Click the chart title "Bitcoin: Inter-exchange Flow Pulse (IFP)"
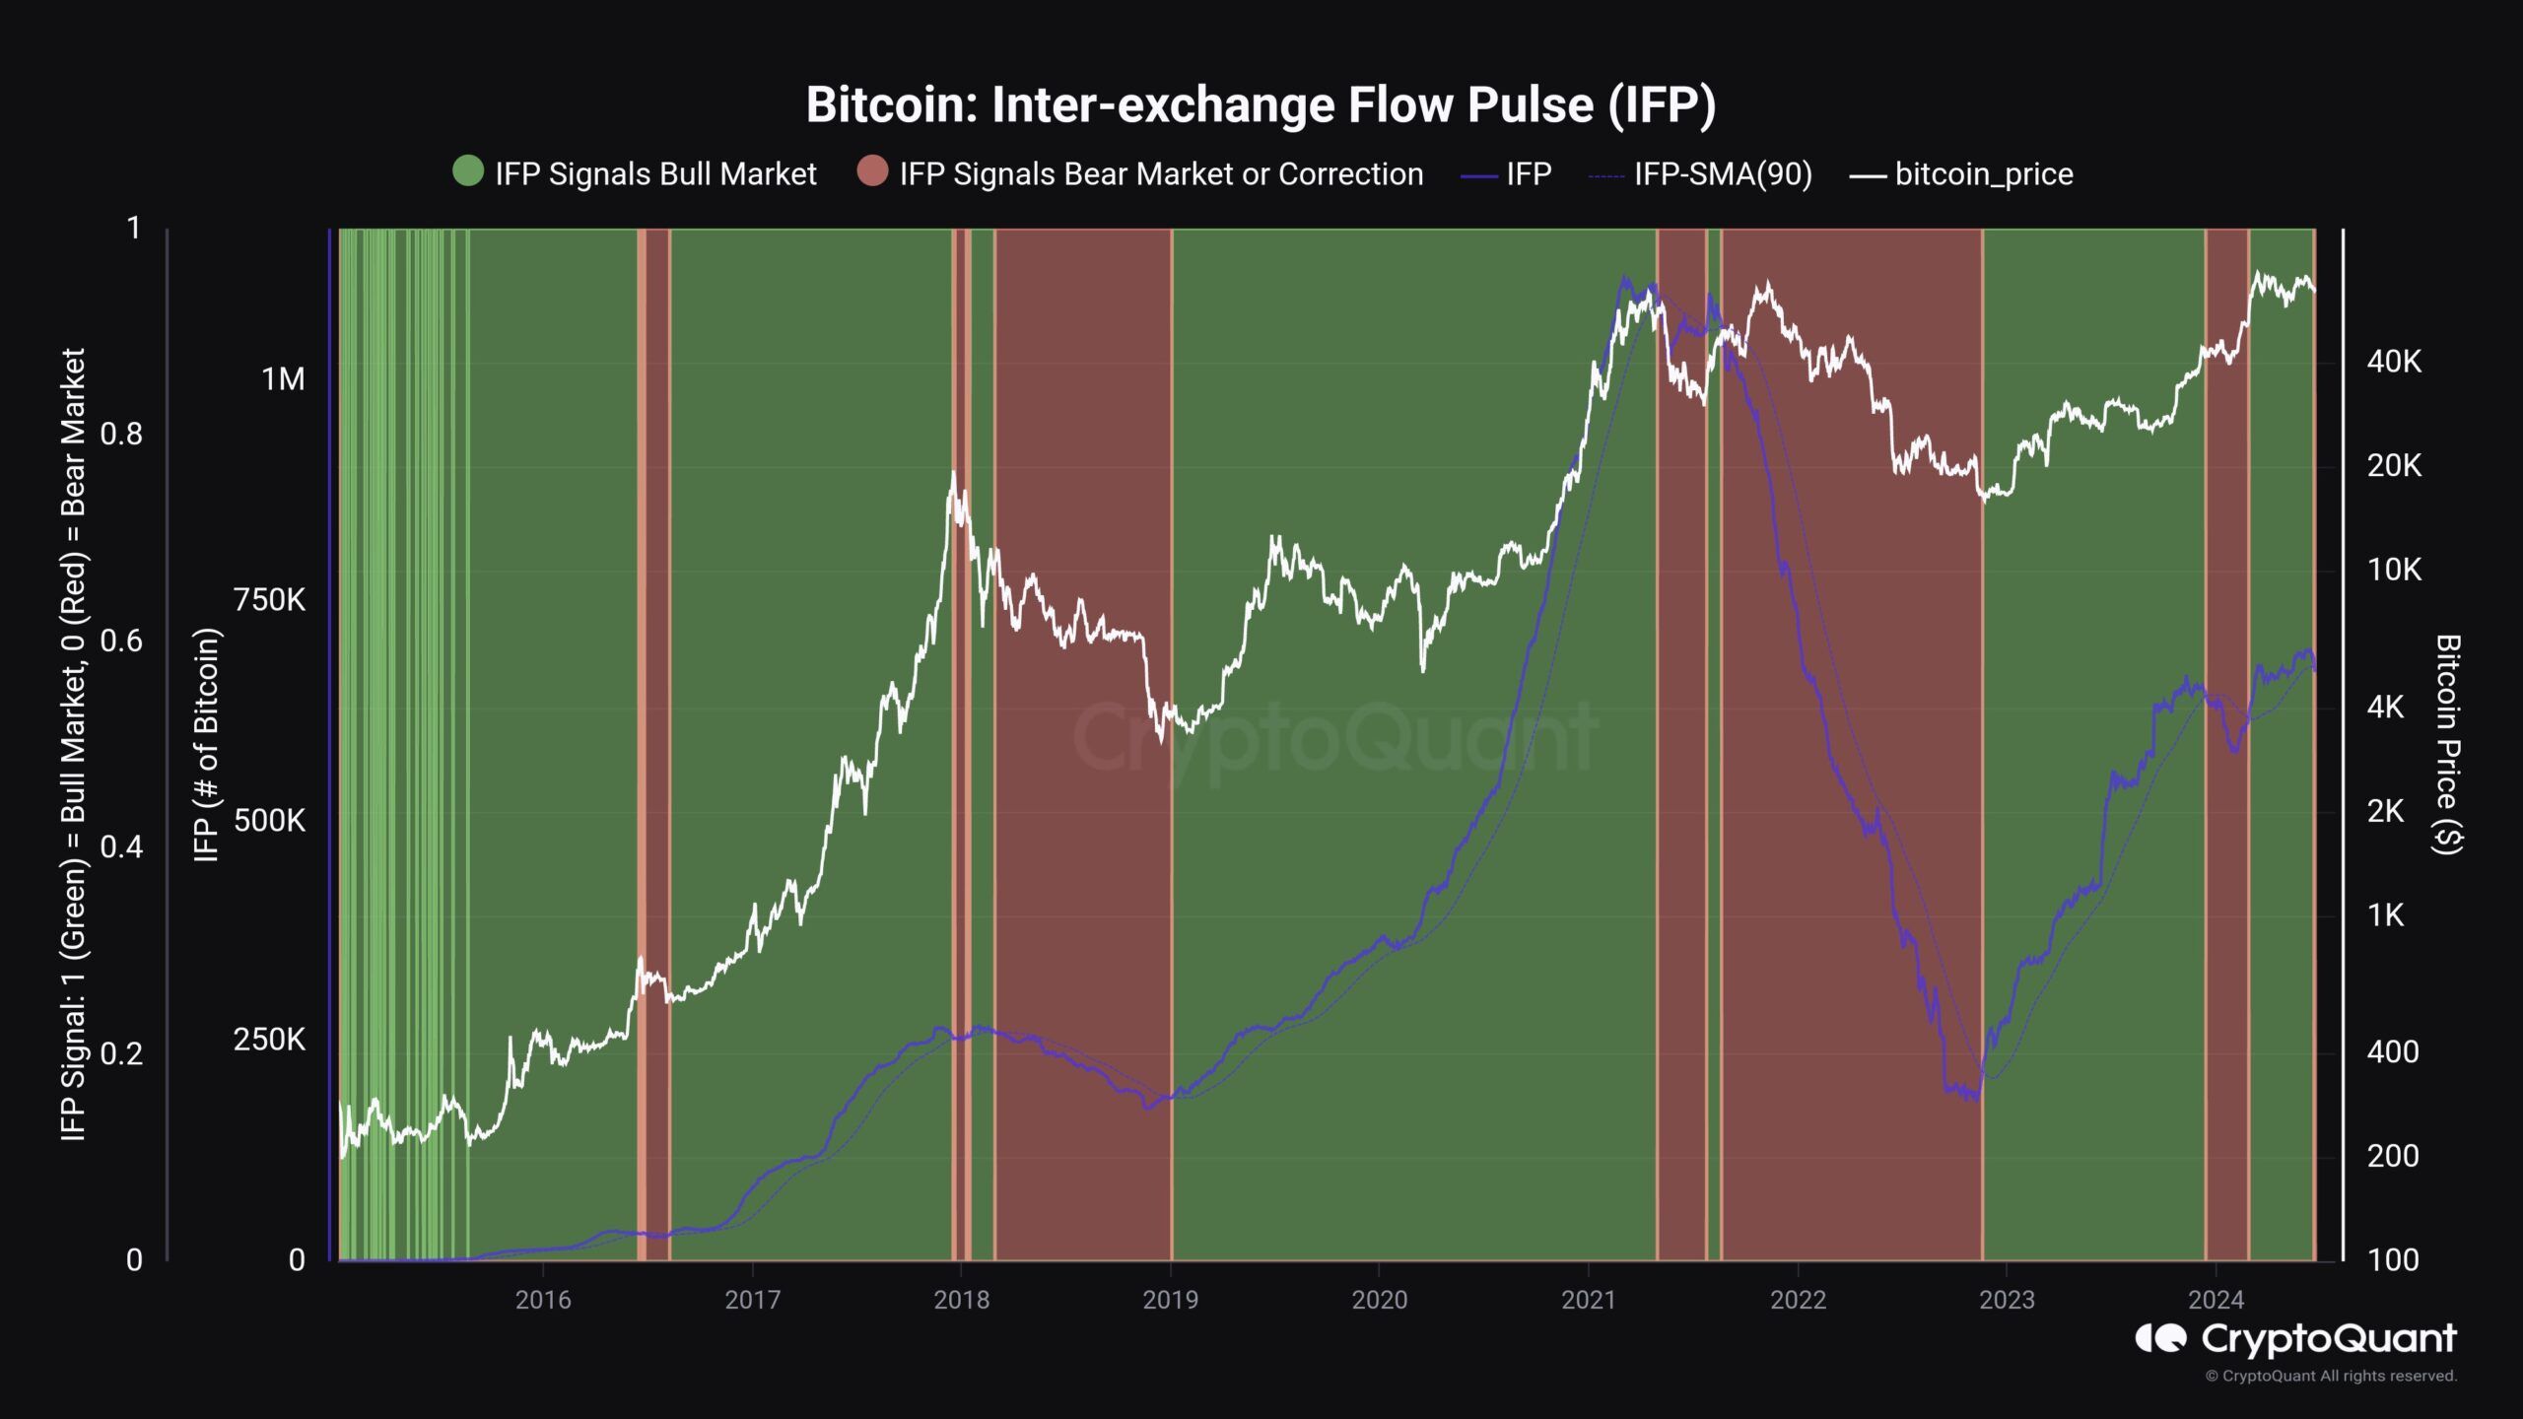click(x=1261, y=105)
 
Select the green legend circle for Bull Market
click(x=468, y=171)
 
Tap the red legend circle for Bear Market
click(x=872, y=171)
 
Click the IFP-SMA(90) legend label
click(x=1723, y=174)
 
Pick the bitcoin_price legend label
click(x=1984, y=174)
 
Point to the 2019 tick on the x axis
click(x=1170, y=1300)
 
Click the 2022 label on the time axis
click(x=1798, y=1300)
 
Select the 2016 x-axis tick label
click(x=543, y=1300)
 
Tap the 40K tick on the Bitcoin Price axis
click(x=2394, y=362)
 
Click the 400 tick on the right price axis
click(x=2392, y=1051)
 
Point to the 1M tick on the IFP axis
click(x=283, y=379)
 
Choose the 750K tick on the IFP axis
click(x=269, y=600)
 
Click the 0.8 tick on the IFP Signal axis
click(x=121, y=434)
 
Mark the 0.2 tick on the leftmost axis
click(x=121, y=1053)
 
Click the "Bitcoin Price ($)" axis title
click(x=2448, y=744)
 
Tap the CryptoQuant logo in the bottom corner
click(x=2295, y=1339)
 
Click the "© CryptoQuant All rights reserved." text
click(x=2331, y=1376)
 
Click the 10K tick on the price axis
click(x=2394, y=570)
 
